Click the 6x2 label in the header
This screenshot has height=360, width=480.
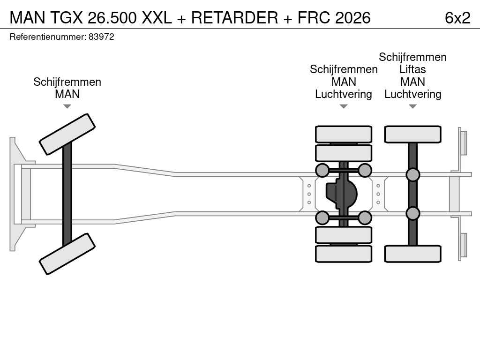[457, 18]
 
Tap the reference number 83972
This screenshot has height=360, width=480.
[101, 37]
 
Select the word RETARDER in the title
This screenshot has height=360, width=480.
[234, 18]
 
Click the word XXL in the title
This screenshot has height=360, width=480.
[157, 18]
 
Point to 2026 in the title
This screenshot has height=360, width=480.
[352, 18]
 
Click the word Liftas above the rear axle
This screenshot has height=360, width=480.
[412, 69]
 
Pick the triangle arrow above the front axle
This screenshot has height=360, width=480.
[67, 106]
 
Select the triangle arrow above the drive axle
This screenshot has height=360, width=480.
[344, 106]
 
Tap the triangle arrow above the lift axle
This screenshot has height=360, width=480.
[412, 106]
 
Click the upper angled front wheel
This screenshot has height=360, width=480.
[67, 134]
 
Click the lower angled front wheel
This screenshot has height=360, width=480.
[67, 254]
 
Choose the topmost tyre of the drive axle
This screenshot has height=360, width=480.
[344, 135]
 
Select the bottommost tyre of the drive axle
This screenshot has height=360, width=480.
[344, 254]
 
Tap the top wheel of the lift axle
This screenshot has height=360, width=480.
[412, 135]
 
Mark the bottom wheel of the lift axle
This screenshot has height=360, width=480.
[412, 254]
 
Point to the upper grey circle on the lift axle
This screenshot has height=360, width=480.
[412, 175]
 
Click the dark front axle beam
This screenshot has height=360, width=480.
[67, 194]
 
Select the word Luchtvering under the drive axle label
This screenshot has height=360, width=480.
[344, 94]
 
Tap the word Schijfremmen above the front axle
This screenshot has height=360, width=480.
[67, 82]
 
